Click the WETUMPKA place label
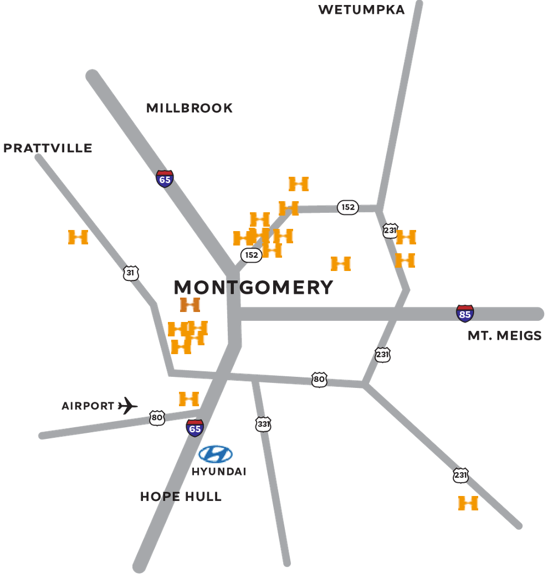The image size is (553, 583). click(361, 9)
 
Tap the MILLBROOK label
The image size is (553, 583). click(190, 108)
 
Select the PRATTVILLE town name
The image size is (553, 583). click(48, 148)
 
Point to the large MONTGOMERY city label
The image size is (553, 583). click(254, 287)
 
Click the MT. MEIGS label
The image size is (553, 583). click(504, 335)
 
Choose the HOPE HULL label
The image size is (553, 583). click(181, 497)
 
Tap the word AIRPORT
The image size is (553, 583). click(88, 406)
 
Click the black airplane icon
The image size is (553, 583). click(128, 406)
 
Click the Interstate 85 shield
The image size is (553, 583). click(465, 313)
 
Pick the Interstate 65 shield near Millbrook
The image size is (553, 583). click(165, 179)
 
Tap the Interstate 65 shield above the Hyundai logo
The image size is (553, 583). click(194, 428)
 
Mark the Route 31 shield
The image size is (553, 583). click(130, 273)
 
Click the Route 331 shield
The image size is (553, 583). click(264, 425)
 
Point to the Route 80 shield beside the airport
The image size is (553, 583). click(157, 418)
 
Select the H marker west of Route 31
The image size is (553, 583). click(78, 237)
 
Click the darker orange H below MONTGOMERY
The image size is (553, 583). click(190, 304)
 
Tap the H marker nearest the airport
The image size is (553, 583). click(188, 398)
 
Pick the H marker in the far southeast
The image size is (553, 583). click(468, 503)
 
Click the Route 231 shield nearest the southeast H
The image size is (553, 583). click(460, 475)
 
